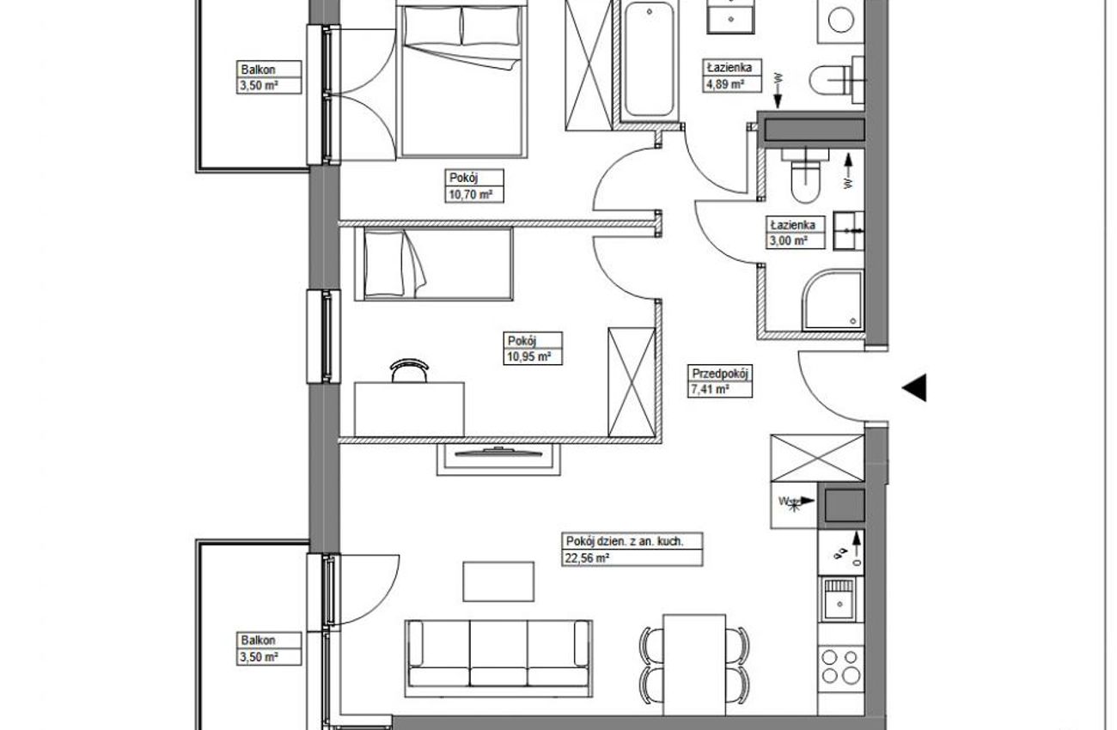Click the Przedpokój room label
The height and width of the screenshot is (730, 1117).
(x=721, y=374)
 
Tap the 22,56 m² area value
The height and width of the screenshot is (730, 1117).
(x=586, y=558)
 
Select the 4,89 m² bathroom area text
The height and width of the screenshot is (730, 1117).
(x=723, y=83)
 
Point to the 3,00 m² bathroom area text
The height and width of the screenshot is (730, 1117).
(x=787, y=241)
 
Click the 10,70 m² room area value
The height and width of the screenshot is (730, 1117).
(x=470, y=194)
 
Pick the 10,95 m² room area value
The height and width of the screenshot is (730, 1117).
(x=528, y=356)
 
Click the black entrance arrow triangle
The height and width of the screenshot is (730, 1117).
(x=914, y=387)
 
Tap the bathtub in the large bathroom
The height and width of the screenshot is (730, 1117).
(x=650, y=61)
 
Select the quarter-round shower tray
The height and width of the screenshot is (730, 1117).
(x=832, y=300)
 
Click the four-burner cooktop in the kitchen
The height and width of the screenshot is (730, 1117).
(x=840, y=667)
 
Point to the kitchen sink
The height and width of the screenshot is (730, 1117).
(x=839, y=600)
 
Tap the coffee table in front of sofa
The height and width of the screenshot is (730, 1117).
(x=498, y=581)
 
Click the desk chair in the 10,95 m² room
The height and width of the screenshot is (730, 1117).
(x=409, y=370)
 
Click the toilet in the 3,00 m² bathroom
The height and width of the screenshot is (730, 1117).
(x=805, y=178)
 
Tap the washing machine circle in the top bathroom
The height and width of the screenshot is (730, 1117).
(x=840, y=20)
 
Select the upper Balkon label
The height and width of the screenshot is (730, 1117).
(x=259, y=70)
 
